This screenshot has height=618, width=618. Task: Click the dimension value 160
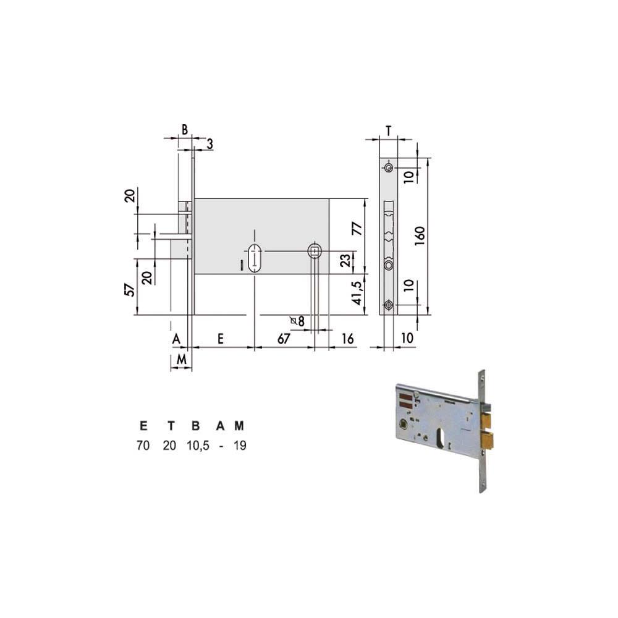coord(420,236)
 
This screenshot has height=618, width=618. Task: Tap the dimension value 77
coord(357,229)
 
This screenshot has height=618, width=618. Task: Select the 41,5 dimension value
coord(357,293)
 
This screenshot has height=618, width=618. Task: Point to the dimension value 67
coord(284,339)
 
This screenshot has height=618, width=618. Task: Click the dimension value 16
coord(347,339)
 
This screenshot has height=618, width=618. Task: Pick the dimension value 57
coord(130,290)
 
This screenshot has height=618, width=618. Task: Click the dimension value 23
coord(345,261)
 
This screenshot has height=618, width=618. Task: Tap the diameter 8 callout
coord(298,321)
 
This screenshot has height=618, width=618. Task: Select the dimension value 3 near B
coord(210,144)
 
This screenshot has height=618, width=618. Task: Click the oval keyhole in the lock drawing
coord(255,258)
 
